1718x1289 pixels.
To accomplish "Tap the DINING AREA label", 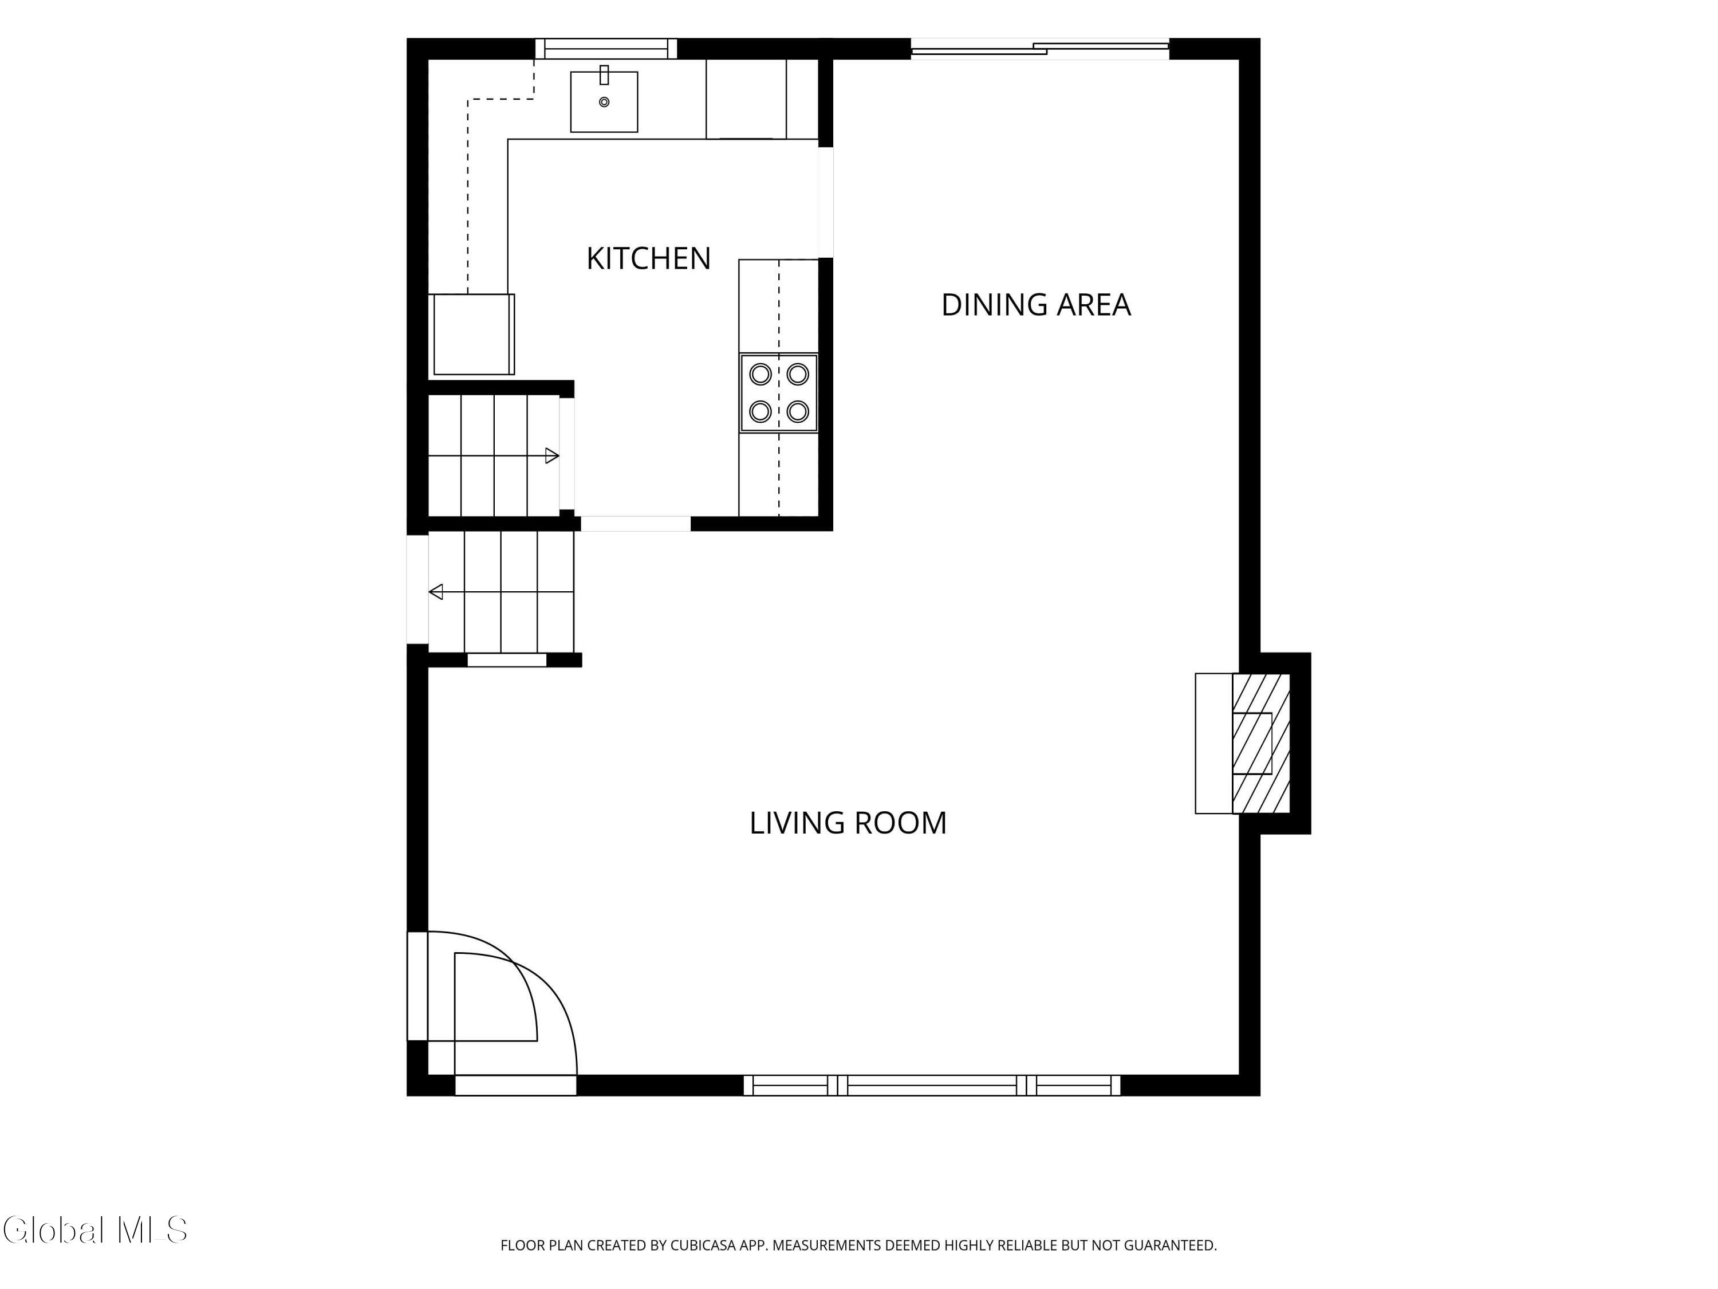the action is pos(1036,305).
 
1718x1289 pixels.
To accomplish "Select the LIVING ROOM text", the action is pos(848,823).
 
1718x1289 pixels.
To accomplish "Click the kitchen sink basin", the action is pos(604,102).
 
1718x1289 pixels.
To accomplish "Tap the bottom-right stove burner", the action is pos(798,411).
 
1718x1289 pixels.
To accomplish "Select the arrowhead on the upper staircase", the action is pos(552,456).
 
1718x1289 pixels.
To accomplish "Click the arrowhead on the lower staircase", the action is pos(436,592).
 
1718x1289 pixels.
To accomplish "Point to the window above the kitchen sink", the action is pos(606,49).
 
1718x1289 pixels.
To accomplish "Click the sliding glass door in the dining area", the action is pos(1040,49).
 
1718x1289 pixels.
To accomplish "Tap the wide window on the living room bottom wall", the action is pos(932,1086).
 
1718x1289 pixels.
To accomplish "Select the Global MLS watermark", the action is pos(94,1230).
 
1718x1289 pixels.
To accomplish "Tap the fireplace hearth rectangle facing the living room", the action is pos(1214,744).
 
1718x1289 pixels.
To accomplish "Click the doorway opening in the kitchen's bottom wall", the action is pos(635,524).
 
